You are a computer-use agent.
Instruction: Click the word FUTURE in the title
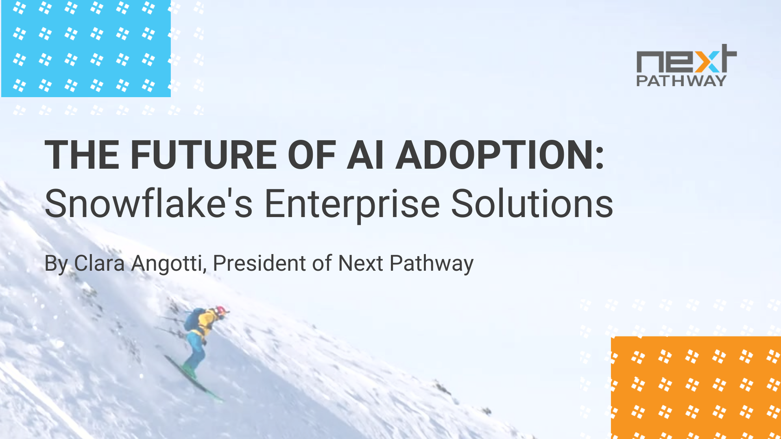[203, 155]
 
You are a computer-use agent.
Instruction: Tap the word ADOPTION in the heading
[500, 155]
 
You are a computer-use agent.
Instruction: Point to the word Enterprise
[352, 204]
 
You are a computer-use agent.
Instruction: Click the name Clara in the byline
[99, 263]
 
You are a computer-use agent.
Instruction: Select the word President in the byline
[259, 263]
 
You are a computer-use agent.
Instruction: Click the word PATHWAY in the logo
[681, 80]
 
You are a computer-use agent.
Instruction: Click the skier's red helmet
[221, 311]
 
